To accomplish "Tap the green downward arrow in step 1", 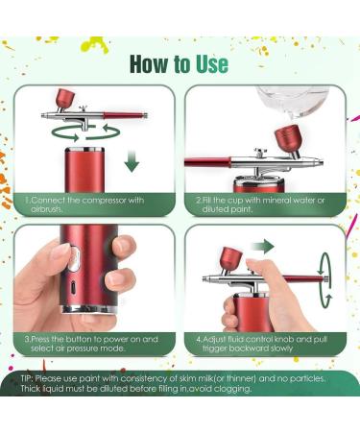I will tap(132, 159).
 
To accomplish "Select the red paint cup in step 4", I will tap(231, 258).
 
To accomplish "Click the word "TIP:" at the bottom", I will tap(31, 378).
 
